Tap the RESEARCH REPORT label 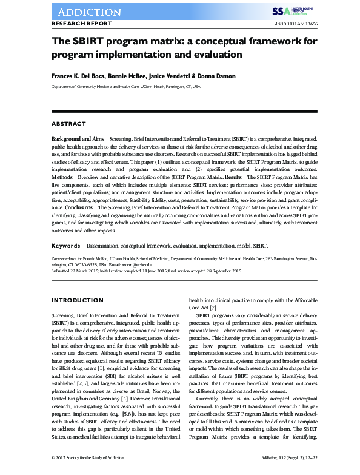coord(81,24)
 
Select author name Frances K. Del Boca coord(81,77)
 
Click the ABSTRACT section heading coord(68,124)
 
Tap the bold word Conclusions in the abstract coord(78,207)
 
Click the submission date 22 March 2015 coord(87,270)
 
